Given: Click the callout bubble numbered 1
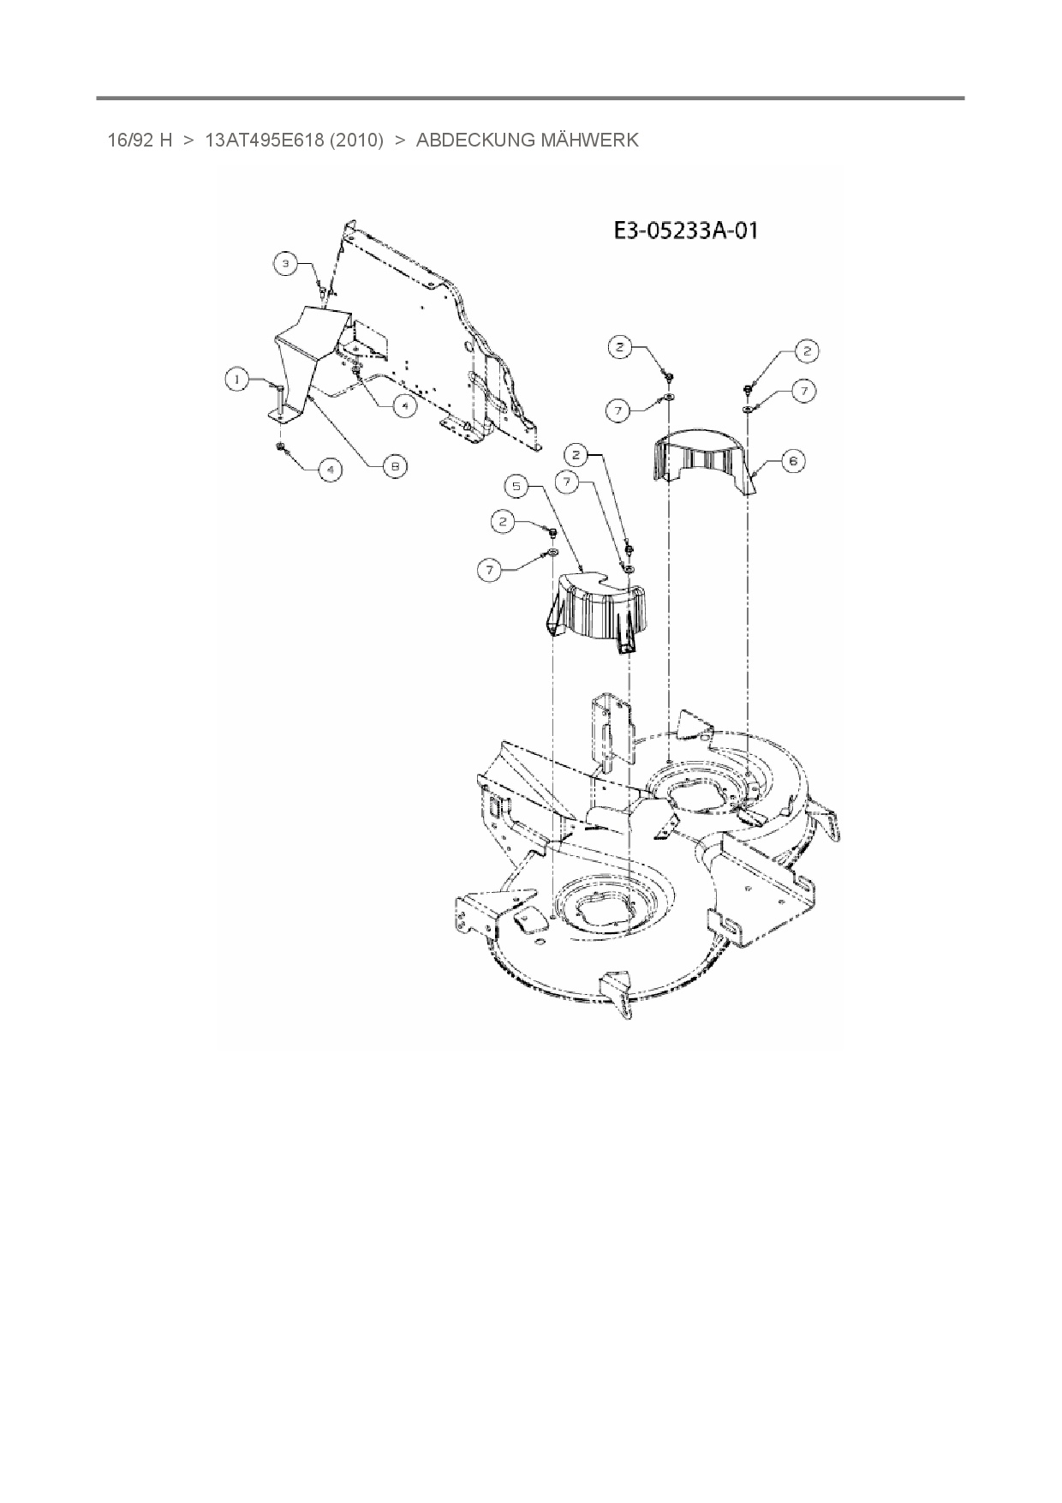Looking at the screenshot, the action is tap(237, 379).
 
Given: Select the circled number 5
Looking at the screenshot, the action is tap(517, 487).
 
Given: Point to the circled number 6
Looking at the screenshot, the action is tap(792, 461).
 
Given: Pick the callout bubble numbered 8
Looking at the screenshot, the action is tap(395, 466).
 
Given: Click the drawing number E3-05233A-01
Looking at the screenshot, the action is tap(685, 231).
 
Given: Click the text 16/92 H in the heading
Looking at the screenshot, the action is tap(140, 141).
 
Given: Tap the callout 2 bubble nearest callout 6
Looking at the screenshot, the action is tap(806, 350).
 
